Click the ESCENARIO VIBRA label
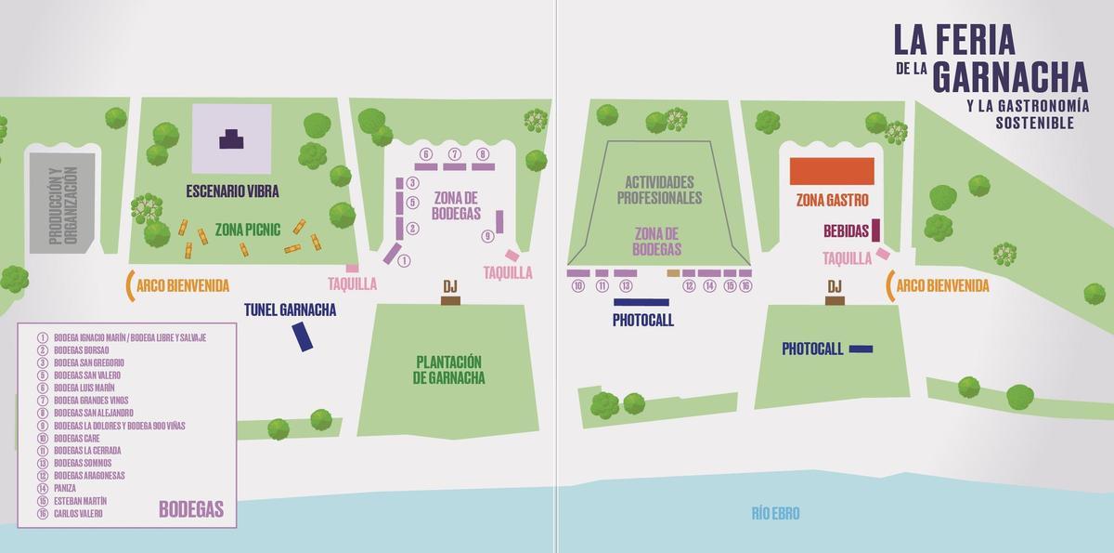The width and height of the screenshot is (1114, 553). pyautogui.click(x=232, y=191)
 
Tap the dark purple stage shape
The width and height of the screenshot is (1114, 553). pyautogui.click(x=232, y=138)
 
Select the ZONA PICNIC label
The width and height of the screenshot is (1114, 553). pyautogui.click(x=247, y=228)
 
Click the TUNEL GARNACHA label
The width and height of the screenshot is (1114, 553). pyautogui.click(x=290, y=310)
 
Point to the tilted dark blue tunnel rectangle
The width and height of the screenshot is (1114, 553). pyautogui.click(x=302, y=336)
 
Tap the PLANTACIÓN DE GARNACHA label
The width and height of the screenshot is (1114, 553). pyautogui.click(x=449, y=370)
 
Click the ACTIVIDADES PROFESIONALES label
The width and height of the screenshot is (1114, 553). pyautogui.click(x=660, y=191)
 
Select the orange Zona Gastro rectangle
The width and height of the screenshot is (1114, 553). pyautogui.click(x=832, y=172)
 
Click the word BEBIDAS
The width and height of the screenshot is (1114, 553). pyautogui.click(x=846, y=230)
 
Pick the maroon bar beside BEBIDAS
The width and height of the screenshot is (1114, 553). pyautogui.click(x=874, y=229)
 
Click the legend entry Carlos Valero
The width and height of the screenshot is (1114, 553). pyautogui.click(x=78, y=513)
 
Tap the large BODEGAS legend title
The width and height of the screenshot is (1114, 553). pyautogui.click(x=191, y=508)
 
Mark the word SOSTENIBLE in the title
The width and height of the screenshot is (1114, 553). pyautogui.click(x=1034, y=123)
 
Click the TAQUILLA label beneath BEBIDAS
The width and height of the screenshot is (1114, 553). pyautogui.click(x=847, y=258)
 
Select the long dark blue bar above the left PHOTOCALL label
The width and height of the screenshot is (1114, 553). pyautogui.click(x=641, y=302)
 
